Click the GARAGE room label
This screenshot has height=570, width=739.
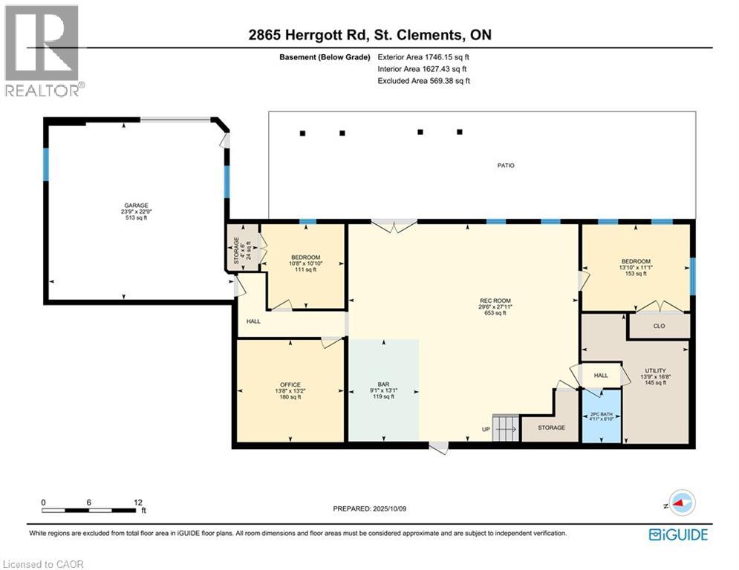coord(136,206)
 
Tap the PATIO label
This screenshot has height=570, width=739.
coord(506,166)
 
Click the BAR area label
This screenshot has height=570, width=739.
coord(383,384)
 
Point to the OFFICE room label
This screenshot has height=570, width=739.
coord(290,384)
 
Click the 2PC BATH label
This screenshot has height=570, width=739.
coord(602,414)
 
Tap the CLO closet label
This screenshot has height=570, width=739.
coord(659,326)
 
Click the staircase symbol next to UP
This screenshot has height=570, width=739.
coord(504,428)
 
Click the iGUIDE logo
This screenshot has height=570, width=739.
coord(678,534)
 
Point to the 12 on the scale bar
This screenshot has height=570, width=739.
coord(138,502)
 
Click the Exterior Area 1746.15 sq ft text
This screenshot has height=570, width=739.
coord(423,56)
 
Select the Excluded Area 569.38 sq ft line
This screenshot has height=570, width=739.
coord(423,81)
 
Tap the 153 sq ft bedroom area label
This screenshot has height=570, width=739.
coord(636,274)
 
